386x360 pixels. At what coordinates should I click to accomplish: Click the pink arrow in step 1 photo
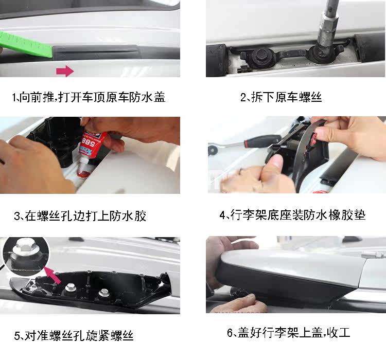pyautogui.click(x=65, y=71)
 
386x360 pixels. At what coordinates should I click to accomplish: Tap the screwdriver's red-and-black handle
pyautogui.click(x=262, y=141)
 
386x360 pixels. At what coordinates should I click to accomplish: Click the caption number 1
pyautogui.click(x=14, y=97)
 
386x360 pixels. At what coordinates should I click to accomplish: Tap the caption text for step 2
pyautogui.click(x=281, y=97)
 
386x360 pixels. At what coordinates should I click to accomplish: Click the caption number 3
pyautogui.click(x=17, y=216)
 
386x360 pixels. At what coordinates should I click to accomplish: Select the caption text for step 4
pyautogui.click(x=292, y=215)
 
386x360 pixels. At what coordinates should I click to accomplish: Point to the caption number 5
pyautogui.click(x=17, y=336)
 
